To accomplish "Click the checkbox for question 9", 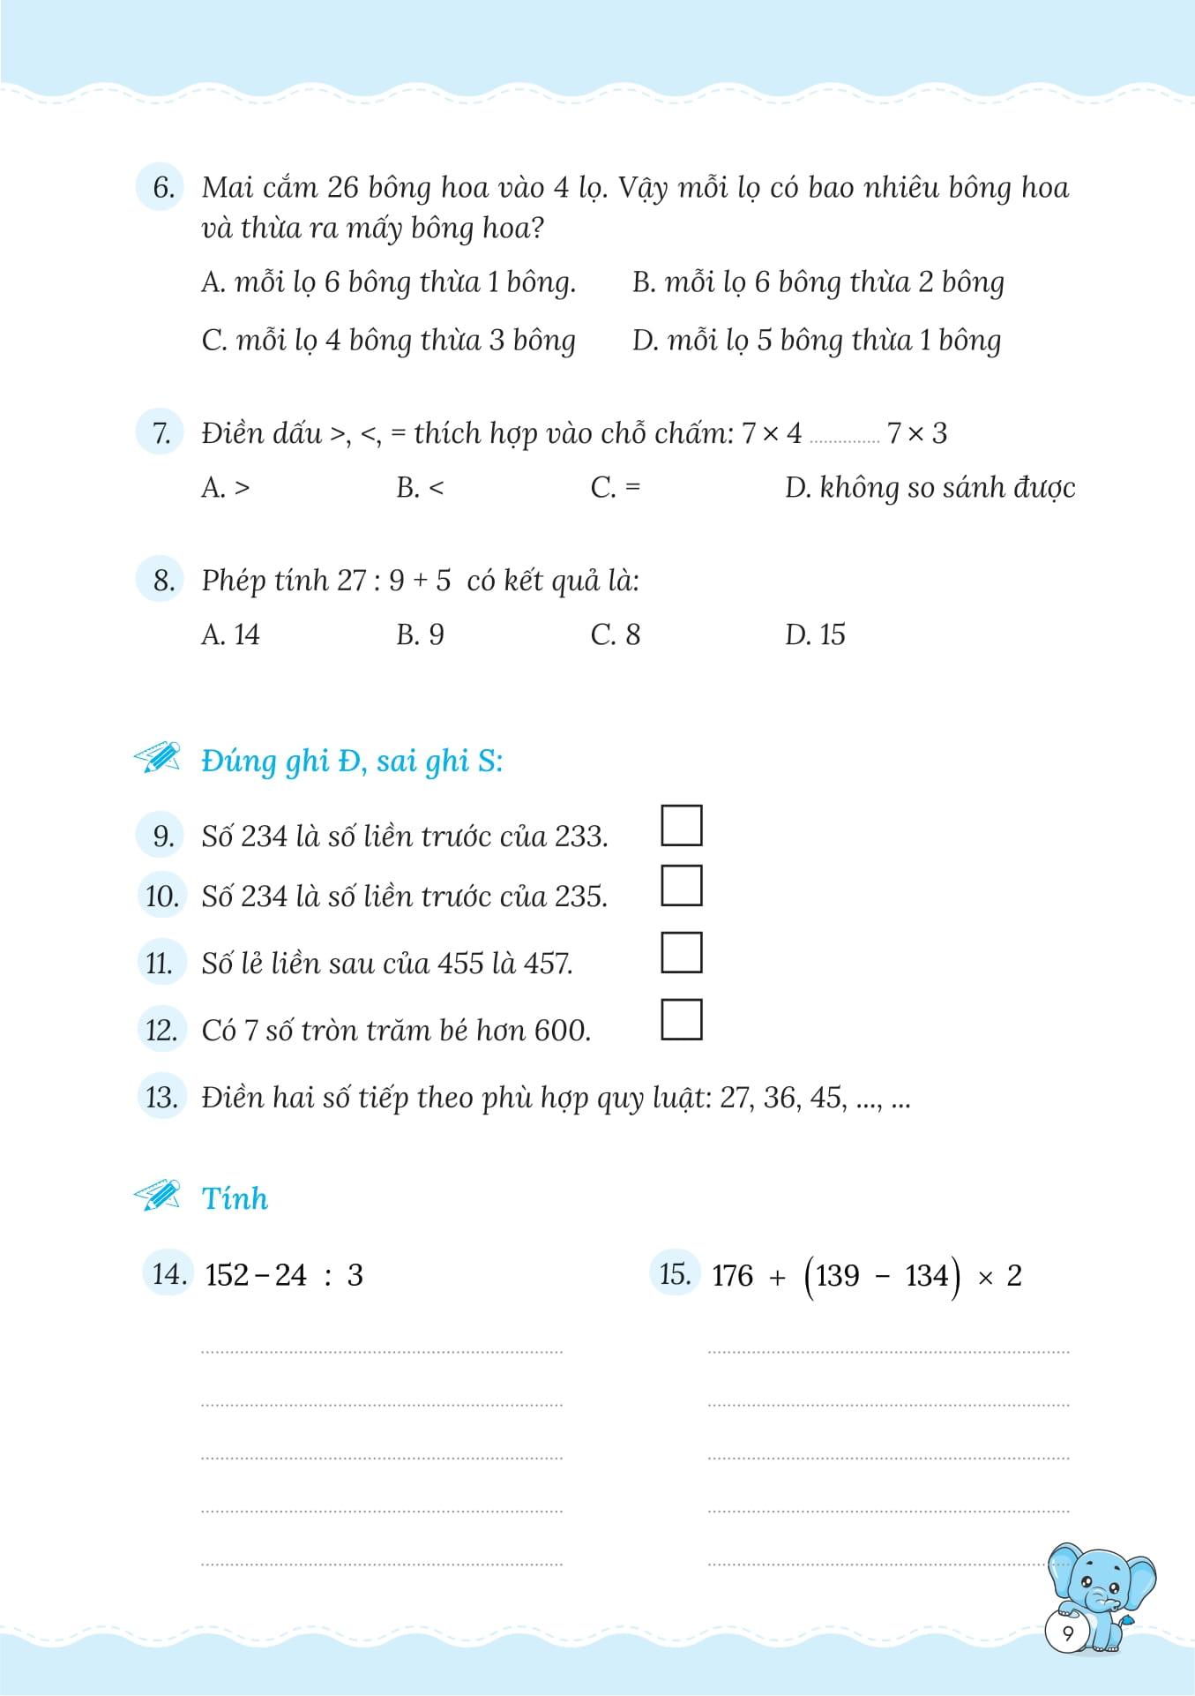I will point(681,826).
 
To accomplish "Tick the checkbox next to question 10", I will point(681,886).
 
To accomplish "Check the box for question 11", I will point(681,953).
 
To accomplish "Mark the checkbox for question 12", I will point(681,1020).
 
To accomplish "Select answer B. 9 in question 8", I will point(420,634).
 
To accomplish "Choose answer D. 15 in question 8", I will point(814,634).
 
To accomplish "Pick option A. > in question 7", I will point(226,487).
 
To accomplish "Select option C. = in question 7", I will point(615,487).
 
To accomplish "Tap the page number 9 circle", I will point(1068,1633).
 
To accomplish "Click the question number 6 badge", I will point(161,187).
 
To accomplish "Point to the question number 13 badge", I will point(161,1098).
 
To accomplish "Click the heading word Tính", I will point(235,1198).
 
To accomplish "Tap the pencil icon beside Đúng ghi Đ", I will point(158,758).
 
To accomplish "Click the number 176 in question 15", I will point(732,1276).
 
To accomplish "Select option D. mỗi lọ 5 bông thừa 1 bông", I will point(816,341).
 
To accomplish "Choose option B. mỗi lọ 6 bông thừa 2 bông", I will point(818,282).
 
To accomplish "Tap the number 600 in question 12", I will point(561,1030).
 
